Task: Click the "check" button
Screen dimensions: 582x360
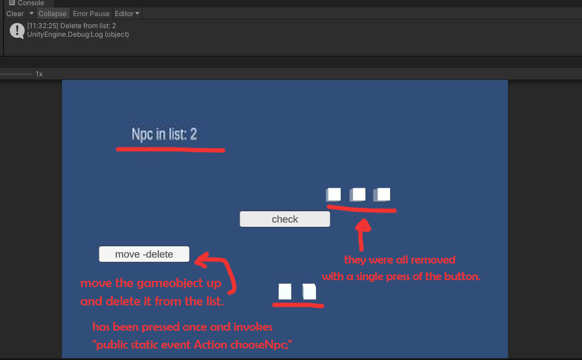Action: tap(285, 219)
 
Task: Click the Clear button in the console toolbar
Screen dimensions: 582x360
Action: tap(15, 14)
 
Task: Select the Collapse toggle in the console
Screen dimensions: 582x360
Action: tap(52, 14)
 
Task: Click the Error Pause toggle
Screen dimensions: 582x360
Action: tap(91, 14)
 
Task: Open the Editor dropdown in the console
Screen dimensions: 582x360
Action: tap(127, 14)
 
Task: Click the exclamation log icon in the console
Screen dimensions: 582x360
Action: tap(17, 30)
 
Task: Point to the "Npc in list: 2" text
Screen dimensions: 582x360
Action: tap(164, 134)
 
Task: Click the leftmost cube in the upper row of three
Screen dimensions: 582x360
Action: tap(333, 194)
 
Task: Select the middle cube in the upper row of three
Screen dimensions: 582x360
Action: tap(357, 194)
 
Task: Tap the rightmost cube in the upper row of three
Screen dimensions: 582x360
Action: tap(381, 194)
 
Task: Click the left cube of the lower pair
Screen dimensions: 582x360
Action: tap(285, 292)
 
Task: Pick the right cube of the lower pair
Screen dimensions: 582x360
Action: tap(309, 292)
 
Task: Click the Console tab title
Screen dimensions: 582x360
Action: tap(31, 3)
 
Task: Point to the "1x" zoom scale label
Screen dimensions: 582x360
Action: tap(39, 74)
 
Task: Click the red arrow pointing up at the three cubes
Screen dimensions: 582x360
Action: tap(361, 234)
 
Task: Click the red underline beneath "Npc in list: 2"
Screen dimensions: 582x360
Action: tap(171, 150)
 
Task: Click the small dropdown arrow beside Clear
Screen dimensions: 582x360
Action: tap(32, 13)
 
